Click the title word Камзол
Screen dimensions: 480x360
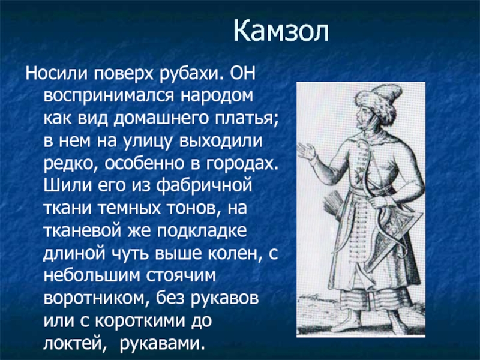pyautogui.click(x=281, y=31)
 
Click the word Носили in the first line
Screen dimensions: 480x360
pyautogui.click(x=57, y=73)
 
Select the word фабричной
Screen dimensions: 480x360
pyautogui.click(x=204, y=187)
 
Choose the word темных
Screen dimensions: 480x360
pyautogui.click(x=130, y=209)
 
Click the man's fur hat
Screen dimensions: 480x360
pyautogui.click(x=379, y=103)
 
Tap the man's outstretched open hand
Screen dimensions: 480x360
pyautogui.click(x=307, y=151)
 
